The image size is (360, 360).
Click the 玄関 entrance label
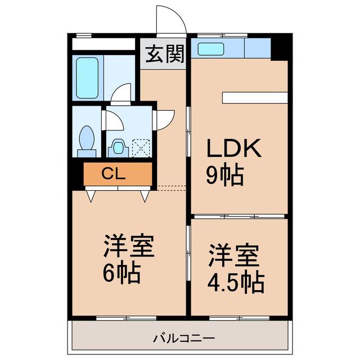tap(165, 54)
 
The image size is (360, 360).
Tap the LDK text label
tap(234, 148)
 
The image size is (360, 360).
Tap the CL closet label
tap(114, 174)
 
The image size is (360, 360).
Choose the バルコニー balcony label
tap(184, 338)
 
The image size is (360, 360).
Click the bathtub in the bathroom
tap(88, 78)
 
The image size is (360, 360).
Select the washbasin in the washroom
tap(118, 147)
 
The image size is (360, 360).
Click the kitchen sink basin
tap(211, 49)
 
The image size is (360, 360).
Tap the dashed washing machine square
tap(141, 148)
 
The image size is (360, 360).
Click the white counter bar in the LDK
tap(255, 97)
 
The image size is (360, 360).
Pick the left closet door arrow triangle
tap(91, 196)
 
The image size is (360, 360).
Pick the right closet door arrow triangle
tap(145, 196)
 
